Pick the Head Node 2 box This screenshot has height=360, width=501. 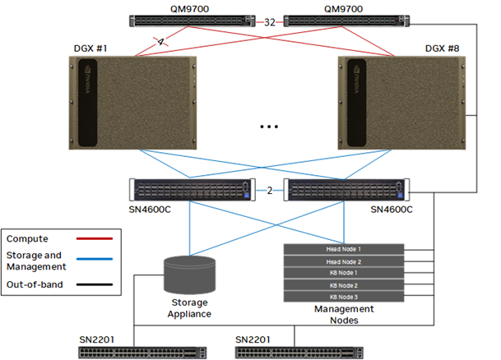click(344, 261)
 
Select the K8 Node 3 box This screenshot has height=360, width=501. click(344, 296)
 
